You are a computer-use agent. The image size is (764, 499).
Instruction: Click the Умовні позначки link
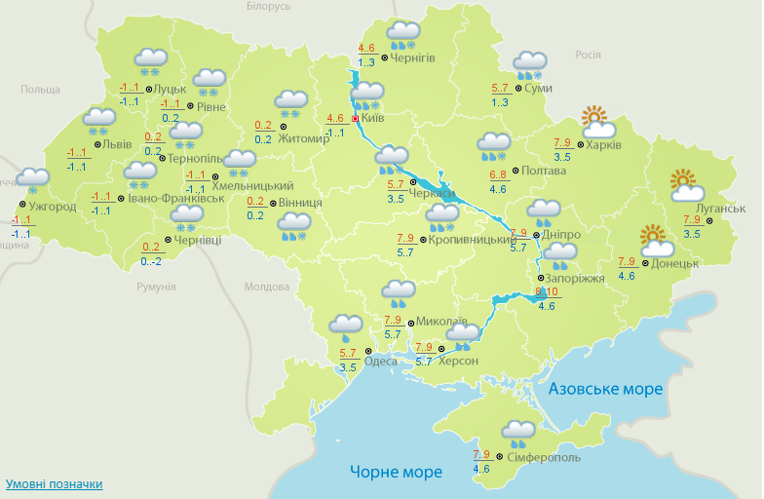tap(54, 484)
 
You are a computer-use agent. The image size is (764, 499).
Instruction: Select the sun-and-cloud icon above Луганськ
tap(687, 185)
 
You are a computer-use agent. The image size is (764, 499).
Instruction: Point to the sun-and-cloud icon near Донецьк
tap(657, 241)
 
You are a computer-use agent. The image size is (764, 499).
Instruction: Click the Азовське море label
tap(605, 389)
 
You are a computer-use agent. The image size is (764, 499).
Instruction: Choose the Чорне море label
tap(396, 472)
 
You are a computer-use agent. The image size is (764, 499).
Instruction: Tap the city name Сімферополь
tap(544, 457)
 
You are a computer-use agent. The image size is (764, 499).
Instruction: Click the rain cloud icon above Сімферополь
tap(518, 432)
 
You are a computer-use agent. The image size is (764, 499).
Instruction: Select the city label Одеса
tap(380, 362)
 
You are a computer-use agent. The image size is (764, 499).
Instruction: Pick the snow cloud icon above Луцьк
tap(149, 61)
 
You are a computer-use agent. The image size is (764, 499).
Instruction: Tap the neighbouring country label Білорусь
tap(268, 7)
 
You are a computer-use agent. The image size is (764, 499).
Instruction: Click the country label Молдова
tap(267, 288)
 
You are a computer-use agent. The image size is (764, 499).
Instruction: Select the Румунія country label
tap(156, 288)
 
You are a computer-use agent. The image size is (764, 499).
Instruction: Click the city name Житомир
tap(304, 138)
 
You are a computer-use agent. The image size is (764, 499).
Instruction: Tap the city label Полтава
tap(544, 171)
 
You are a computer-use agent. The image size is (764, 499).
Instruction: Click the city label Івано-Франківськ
tap(176, 198)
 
